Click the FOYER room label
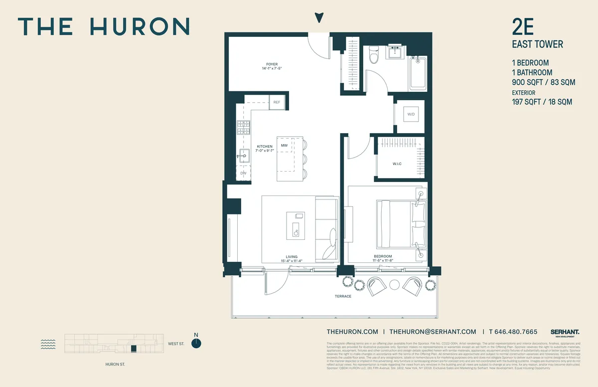tap(272, 64)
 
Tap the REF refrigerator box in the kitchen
tap(277, 102)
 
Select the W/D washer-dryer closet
tap(411, 115)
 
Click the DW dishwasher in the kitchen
tap(243, 173)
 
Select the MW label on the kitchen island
tap(284, 145)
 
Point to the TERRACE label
tap(343, 296)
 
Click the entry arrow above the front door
tap(319, 18)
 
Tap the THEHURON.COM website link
tap(352, 332)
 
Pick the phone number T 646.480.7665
tap(513, 332)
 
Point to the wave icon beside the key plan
tap(47, 343)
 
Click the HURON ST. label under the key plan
tap(115, 365)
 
